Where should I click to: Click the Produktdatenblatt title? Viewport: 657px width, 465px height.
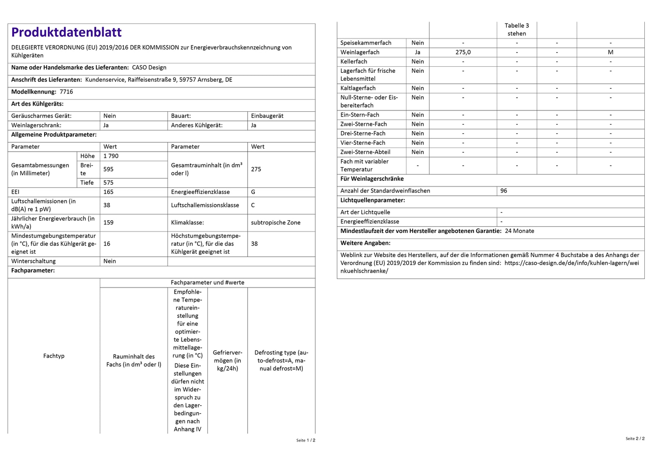(x=66, y=32)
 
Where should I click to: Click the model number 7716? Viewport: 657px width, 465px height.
(x=66, y=92)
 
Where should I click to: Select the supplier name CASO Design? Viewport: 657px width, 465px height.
(x=149, y=68)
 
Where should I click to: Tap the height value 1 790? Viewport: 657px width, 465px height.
(x=111, y=156)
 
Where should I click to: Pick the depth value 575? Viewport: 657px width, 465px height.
(x=108, y=183)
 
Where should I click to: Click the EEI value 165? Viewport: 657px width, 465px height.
(x=108, y=192)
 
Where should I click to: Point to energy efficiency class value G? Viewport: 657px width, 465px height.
(x=253, y=192)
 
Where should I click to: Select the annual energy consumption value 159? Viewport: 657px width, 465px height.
(x=108, y=223)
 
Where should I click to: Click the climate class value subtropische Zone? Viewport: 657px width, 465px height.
(x=275, y=223)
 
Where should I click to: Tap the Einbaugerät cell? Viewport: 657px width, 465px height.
(x=267, y=116)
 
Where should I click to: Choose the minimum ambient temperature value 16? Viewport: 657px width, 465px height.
(x=107, y=244)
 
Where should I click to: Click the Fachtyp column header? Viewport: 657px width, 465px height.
(x=54, y=356)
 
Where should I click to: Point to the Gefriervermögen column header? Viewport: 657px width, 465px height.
(x=228, y=360)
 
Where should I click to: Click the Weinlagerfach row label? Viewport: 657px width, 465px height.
(x=360, y=53)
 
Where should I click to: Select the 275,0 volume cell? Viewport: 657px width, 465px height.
(x=463, y=53)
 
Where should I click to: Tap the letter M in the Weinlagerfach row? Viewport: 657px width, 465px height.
(x=611, y=53)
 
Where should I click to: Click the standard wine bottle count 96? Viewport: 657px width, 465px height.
(x=504, y=191)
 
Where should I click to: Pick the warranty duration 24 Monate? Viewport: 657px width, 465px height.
(x=519, y=231)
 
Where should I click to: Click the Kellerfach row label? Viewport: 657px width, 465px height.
(x=354, y=62)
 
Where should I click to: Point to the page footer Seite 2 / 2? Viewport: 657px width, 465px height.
(x=635, y=439)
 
